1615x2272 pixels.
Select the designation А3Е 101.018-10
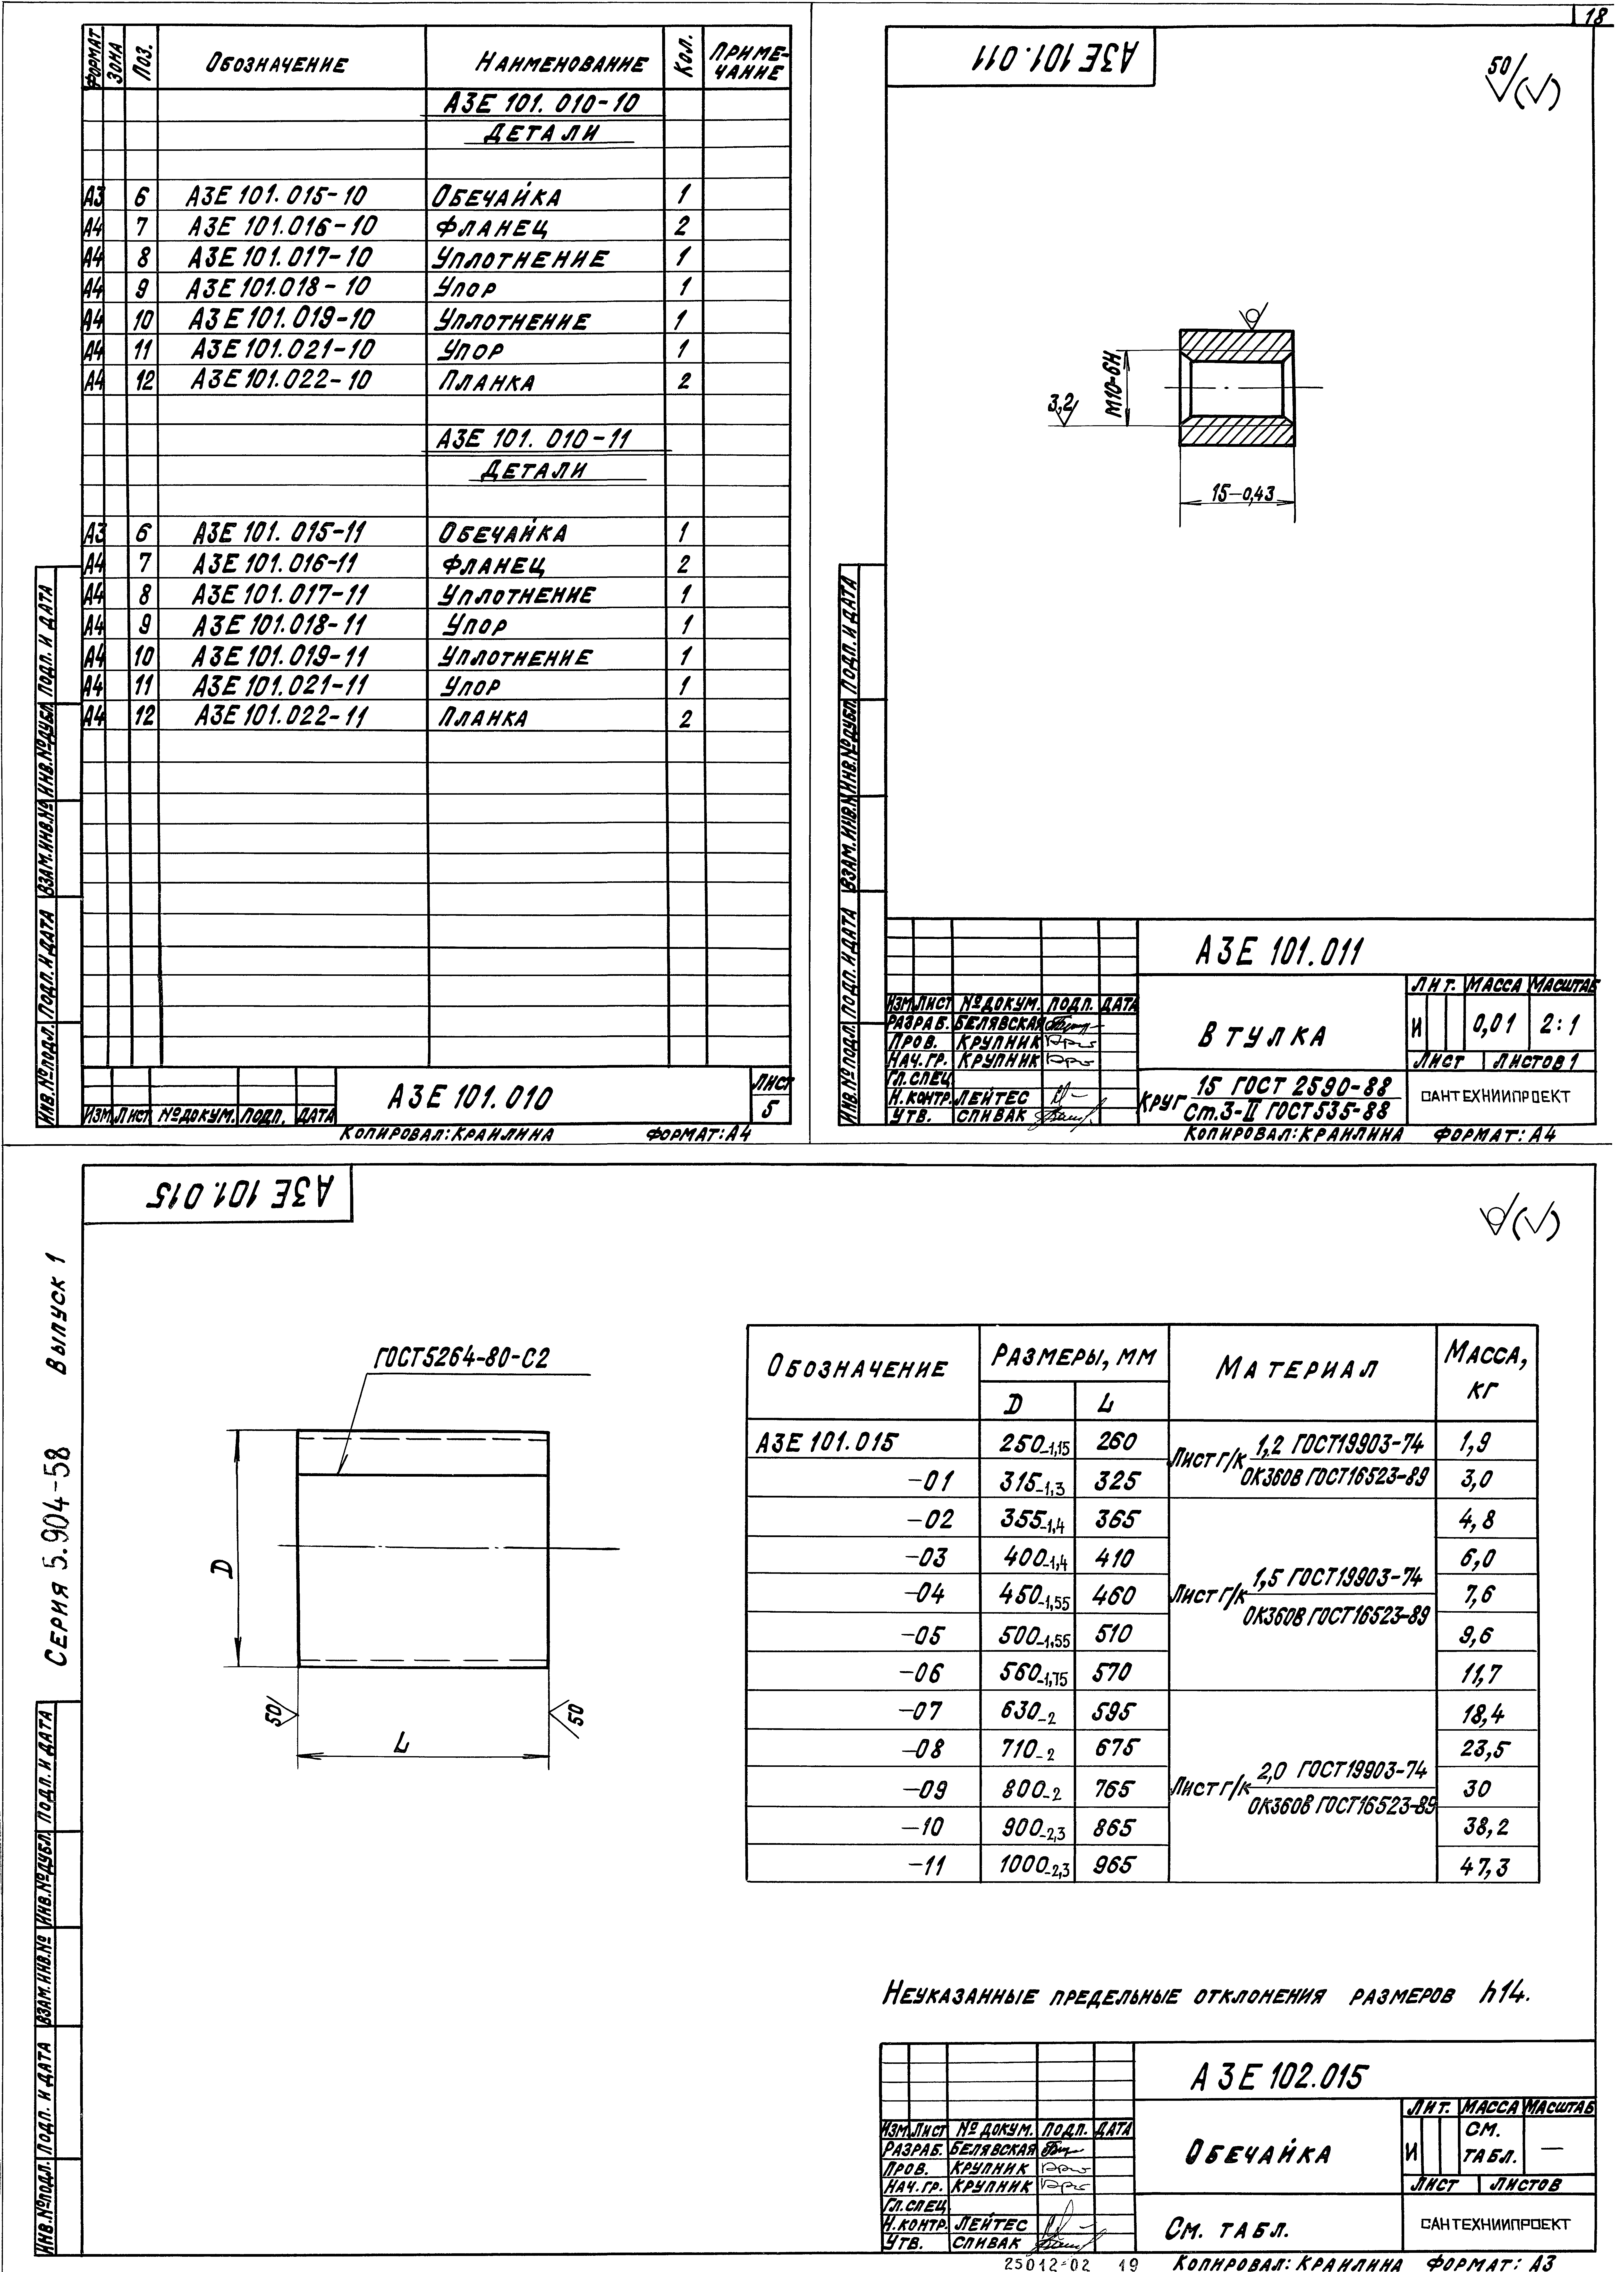click(x=279, y=288)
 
